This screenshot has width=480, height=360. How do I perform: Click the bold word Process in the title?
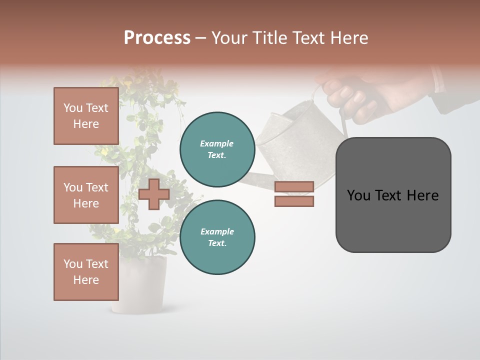(157, 38)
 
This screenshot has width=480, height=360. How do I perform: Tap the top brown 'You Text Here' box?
(86, 116)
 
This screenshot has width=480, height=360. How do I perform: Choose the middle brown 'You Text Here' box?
(86, 195)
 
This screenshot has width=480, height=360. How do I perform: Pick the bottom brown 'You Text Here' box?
(86, 272)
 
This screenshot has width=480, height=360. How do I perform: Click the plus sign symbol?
(154, 194)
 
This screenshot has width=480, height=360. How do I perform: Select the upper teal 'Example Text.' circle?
(217, 149)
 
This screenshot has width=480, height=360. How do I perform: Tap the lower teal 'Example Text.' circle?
(217, 237)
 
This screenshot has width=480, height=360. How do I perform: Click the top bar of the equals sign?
(294, 186)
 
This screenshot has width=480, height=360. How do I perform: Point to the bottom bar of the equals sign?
(294, 201)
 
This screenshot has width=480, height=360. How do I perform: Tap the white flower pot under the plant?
(138, 287)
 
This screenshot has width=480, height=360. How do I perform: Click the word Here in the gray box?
(423, 195)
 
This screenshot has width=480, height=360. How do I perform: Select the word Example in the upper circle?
(217, 143)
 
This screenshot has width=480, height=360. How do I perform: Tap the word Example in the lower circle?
(217, 231)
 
